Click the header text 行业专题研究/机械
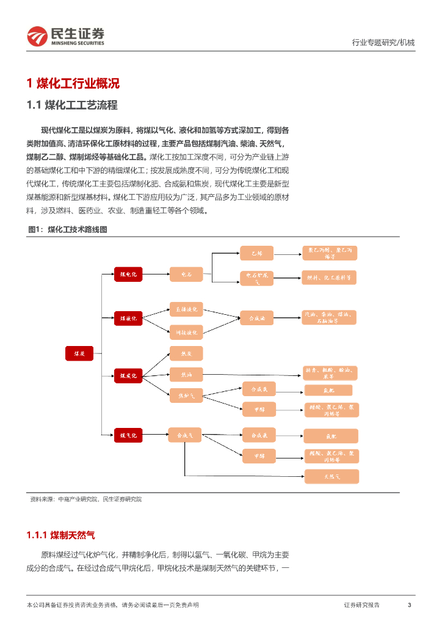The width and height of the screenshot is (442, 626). (x=383, y=42)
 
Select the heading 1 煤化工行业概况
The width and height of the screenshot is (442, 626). (x=73, y=84)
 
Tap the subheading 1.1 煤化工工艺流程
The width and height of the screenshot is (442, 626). (x=72, y=105)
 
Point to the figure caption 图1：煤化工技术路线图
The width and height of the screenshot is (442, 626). (x=68, y=229)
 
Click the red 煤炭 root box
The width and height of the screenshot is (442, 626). (x=79, y=353)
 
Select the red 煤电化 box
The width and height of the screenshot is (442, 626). (x=128, y=275)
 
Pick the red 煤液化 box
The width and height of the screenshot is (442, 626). (x=128, y=318)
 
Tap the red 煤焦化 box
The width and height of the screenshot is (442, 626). (x=128, y=375)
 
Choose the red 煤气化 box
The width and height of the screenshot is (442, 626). (x=128, y=435)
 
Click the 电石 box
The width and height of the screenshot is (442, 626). (x=186, y=275)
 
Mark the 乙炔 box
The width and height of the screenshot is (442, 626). (x=256, y=253)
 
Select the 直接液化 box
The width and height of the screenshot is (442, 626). (x=186, y=309)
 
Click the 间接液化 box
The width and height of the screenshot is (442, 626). (x=186, y=332)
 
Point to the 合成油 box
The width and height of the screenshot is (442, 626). (x=256, y=318)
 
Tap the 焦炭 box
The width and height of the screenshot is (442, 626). (x=186, y=353)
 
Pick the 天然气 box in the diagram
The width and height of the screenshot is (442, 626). (x=331, y=476)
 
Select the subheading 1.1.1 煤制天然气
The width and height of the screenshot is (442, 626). (x=61, y=535)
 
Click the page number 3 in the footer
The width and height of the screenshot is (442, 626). (x=409, y=605)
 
